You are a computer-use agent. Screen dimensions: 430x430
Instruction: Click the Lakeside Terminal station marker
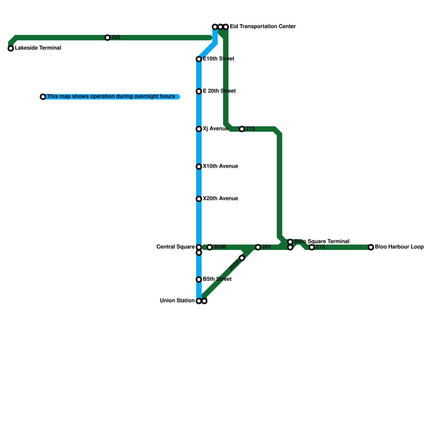coord(11,48)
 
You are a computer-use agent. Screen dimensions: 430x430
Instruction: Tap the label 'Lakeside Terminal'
coord(38,48)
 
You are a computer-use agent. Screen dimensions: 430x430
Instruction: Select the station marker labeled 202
coord(107,38)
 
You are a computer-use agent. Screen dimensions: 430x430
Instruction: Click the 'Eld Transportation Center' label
coord(263,27)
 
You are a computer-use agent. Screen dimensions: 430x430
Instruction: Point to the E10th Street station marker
coord(199,59)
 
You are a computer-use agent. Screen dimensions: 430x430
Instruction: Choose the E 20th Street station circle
coord(199,91)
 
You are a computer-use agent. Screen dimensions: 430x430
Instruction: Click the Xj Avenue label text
coord(216,129)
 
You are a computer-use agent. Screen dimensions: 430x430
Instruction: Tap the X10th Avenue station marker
coord(199,167)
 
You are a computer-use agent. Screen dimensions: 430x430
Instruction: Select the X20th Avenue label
coord(220,199)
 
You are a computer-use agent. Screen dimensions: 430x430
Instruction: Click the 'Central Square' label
coord(175,247)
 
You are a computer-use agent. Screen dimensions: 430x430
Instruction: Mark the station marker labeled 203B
coord(210,247)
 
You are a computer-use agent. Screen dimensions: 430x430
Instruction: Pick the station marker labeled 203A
coord(242,258)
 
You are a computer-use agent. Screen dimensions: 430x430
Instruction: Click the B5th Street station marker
coord(199,279)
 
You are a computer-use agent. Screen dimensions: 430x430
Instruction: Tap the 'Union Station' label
coord(177,301)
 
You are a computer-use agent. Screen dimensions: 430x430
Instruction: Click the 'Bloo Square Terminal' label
coord(322,241)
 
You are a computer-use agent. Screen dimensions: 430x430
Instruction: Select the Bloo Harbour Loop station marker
coord(371,247)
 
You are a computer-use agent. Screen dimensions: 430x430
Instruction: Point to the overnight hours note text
coord(111,96)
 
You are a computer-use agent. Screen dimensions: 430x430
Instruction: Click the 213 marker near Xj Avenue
coord(242,129)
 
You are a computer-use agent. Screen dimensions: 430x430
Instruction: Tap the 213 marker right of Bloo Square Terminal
coord(312,247)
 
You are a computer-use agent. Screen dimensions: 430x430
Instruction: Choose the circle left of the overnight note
coord(43,97)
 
